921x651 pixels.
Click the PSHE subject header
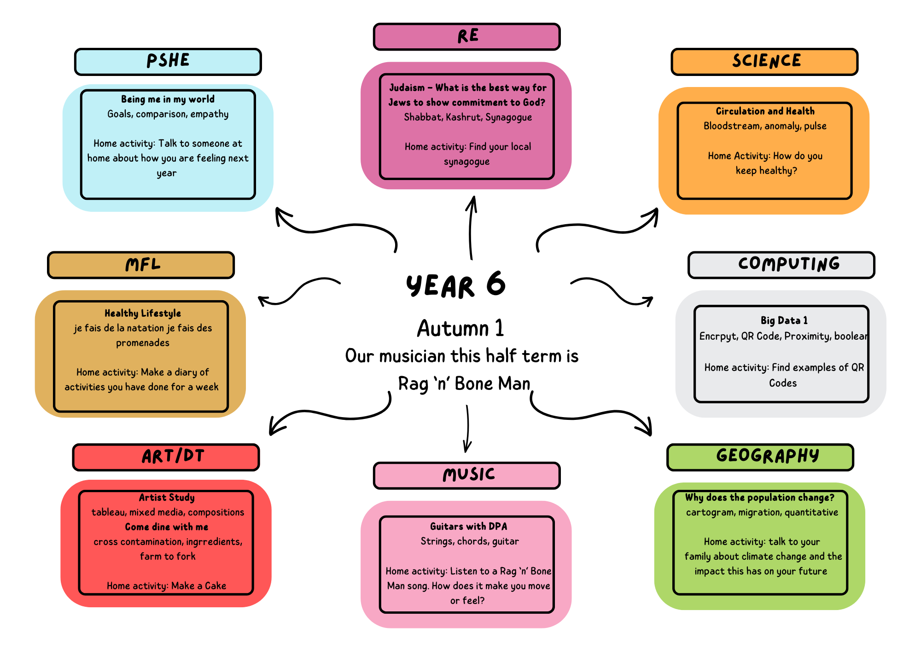pos(168,62)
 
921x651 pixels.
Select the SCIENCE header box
pos(765,62)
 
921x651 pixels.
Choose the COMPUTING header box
pos(781,265)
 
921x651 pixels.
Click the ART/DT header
pos(166,457)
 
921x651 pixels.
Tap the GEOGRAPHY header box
pos(760,457)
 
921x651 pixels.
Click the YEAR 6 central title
pos(456,285)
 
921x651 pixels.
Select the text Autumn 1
pos(460,328)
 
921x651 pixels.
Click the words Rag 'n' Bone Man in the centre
pos(464,384)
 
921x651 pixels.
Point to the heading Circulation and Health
pos(765,111)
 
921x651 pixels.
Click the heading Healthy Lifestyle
pos(143,314)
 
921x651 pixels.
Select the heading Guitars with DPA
pos(469,526)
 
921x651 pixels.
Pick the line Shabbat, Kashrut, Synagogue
pos(468,117)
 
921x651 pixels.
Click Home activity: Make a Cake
pos(166,586)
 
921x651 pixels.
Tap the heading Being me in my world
pos(168,99)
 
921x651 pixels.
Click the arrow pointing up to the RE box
pos(471,227)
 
